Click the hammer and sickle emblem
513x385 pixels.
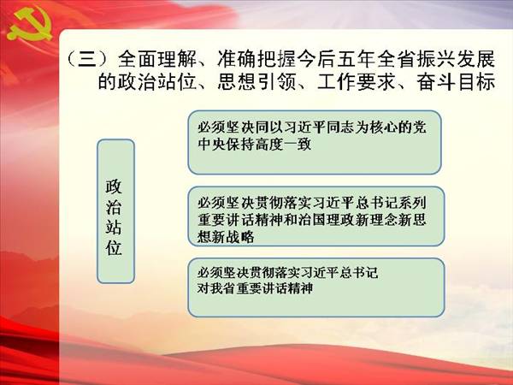[29, 25]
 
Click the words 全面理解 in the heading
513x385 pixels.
[157, 59]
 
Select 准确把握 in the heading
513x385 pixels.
[256, 59]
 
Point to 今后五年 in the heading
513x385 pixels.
[336, 59]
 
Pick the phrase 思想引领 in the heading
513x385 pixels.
[256, 81]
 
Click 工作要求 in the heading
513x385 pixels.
[357, 81]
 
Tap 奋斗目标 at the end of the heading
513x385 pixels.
[456, 81]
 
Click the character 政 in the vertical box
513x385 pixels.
[114, 187]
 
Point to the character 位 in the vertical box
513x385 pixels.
[114, 247]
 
